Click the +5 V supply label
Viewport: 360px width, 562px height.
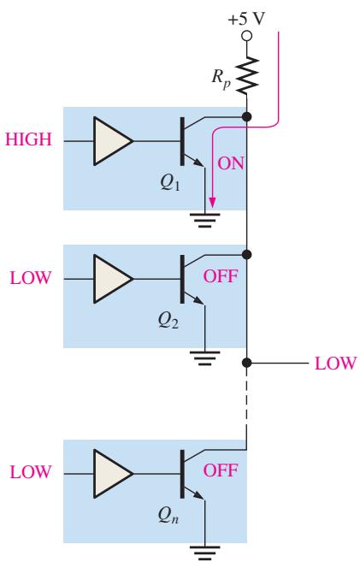pyautogui.click(x=246, y=19)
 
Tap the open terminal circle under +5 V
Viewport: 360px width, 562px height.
pyautogui.click(x=246, y=36)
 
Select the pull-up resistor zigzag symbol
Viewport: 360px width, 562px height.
pyautogui.click(x=247, y=75)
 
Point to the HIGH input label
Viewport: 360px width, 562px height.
pyautogui.click(x=28, y=139)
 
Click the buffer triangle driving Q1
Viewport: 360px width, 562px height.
pyautogui.click(x=113, y=141)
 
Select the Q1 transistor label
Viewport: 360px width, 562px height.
pyautogui.click(x=170, y=183)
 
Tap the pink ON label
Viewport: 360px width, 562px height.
pyautogui.click(x=231, y=163)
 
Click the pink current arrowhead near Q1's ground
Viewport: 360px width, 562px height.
pyautogui.click(x=212, y=203)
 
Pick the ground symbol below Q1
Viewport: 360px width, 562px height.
pyautogui.click(x=204, y=220)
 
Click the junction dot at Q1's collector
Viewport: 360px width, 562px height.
pyautogui.click(x=246, y=116)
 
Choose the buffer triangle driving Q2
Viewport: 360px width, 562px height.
pyautogui.click(x=113, y=279)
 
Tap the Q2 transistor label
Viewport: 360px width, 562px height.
pyautogui.click(x=168, y=320)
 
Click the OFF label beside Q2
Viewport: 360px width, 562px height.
pyautogui.click(x=221, y=276)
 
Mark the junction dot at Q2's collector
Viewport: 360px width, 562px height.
pyautogui.click(x=246, y=254)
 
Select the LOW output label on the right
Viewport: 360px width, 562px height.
pyautogui.click(x=335, y=364)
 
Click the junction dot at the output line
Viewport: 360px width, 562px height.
pyautogui.click(x=246, y=363)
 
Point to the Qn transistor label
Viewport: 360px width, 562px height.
pyautogui.click(x=168, y=515)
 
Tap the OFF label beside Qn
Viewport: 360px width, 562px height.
pyautogui.click(x=221, y=470)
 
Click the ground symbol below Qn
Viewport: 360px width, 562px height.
pyautogui.click(x=204, y=553)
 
